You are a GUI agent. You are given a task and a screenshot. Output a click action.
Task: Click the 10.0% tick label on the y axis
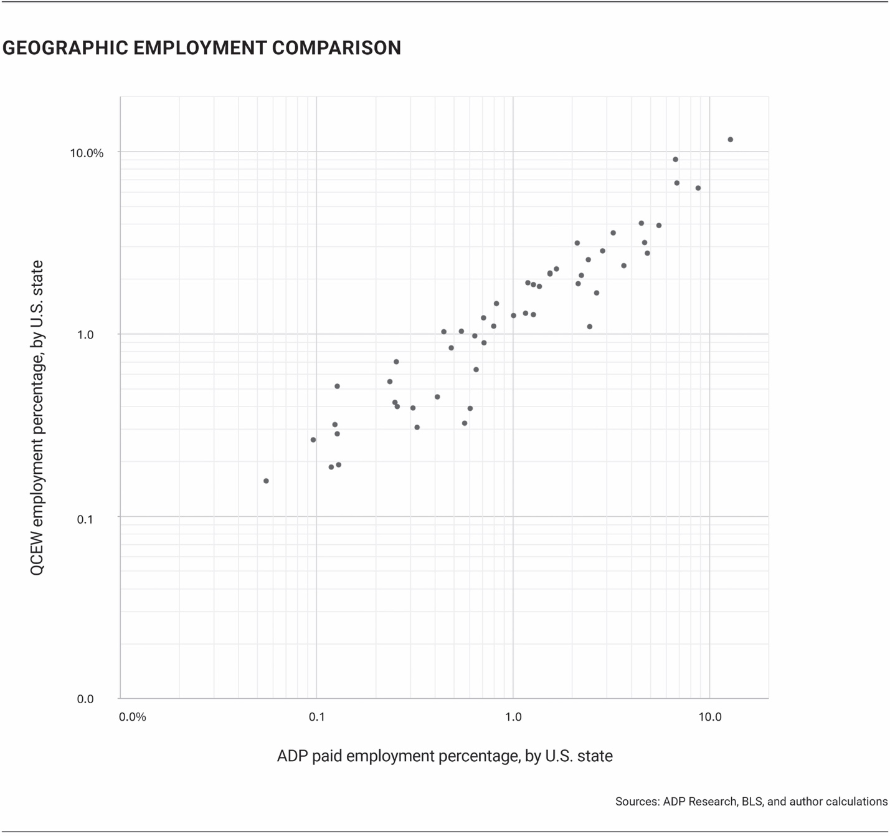(87, 153)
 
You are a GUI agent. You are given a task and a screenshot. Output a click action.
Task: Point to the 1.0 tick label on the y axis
(85, 335)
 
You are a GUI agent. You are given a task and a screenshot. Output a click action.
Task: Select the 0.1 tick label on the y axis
(85, 518)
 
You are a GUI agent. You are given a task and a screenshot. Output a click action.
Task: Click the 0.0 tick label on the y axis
(85, 699)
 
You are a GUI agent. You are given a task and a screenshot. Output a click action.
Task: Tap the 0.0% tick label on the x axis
(132, 717)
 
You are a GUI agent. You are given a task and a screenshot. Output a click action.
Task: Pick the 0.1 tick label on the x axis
(316, 717)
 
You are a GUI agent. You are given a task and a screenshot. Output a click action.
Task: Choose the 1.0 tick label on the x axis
(513, 717)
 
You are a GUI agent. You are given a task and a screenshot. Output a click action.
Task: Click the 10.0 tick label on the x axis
(709, 717)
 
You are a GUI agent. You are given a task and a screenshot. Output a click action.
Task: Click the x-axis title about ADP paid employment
(445, 756)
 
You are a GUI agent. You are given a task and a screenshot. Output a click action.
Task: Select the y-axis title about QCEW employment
(37, 418)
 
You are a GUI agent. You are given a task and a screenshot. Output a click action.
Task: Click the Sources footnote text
(751, 802)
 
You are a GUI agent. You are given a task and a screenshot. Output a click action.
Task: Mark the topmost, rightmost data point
(731, 140)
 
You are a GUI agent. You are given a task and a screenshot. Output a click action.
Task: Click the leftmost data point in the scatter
(266, 481)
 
